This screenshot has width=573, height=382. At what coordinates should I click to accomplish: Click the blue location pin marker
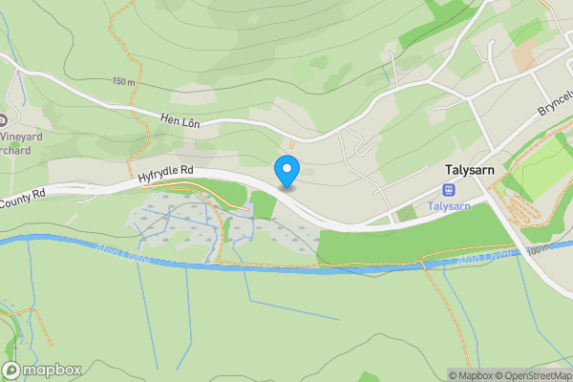286,171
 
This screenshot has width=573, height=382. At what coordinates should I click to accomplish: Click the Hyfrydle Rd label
165,173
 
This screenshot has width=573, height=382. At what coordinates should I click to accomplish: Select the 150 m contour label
122,82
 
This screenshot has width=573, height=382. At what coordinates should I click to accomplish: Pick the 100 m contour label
538,249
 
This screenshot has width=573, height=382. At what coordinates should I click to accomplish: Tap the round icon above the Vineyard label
4,120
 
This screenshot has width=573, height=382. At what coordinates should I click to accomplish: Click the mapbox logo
42,370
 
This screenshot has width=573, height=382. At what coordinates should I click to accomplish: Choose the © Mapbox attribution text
470,375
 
